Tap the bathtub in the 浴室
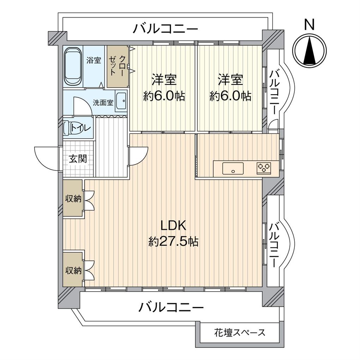(x=73, y=66)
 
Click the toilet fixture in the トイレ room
(x=72, y=128)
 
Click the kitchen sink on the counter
(x=233, y=168)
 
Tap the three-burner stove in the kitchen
(x=264, y=168)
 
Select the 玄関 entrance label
(x=77, y=158)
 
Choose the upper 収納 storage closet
(x=73, y=199)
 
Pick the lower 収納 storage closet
(x=73, y=270)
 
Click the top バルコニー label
(x=165, y=29)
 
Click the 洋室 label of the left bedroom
(x=164, y=80)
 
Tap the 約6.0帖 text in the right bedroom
(x=230, y=96)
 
